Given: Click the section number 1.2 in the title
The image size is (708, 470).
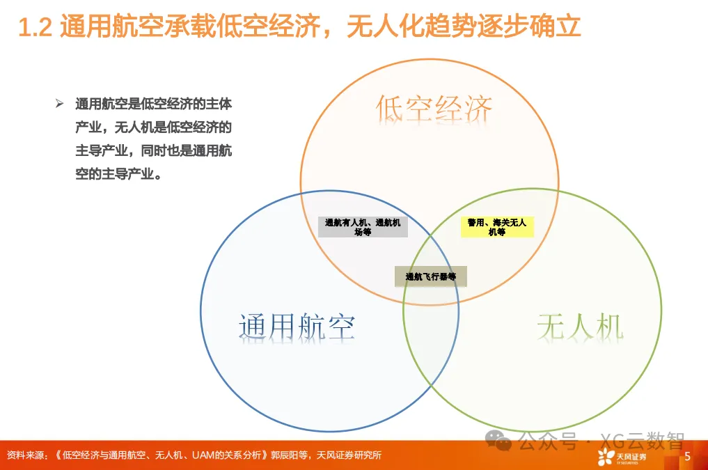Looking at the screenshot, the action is pos(34,28).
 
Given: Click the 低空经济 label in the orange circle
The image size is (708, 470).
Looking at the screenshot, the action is pos(434,109).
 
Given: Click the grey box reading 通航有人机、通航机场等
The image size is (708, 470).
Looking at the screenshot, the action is pos(363,227).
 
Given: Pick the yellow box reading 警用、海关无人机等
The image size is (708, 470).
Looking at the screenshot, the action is pos(497,227).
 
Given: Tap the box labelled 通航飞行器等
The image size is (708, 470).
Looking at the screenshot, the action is pos(431,276).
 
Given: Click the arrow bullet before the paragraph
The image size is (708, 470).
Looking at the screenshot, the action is pos(60,104).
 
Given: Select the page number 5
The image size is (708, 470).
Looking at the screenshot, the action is pos(687,456).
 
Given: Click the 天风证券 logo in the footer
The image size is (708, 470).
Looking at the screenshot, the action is pos(622,457).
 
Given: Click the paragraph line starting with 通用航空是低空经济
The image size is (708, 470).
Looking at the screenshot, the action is pos(153,104).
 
